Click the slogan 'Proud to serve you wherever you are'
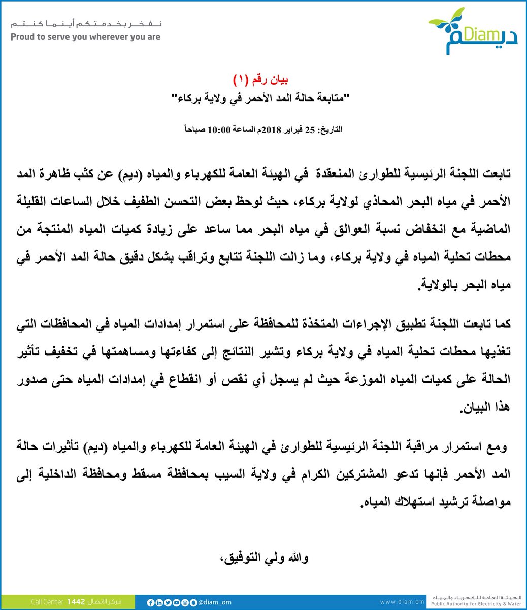tap(85, 37)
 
